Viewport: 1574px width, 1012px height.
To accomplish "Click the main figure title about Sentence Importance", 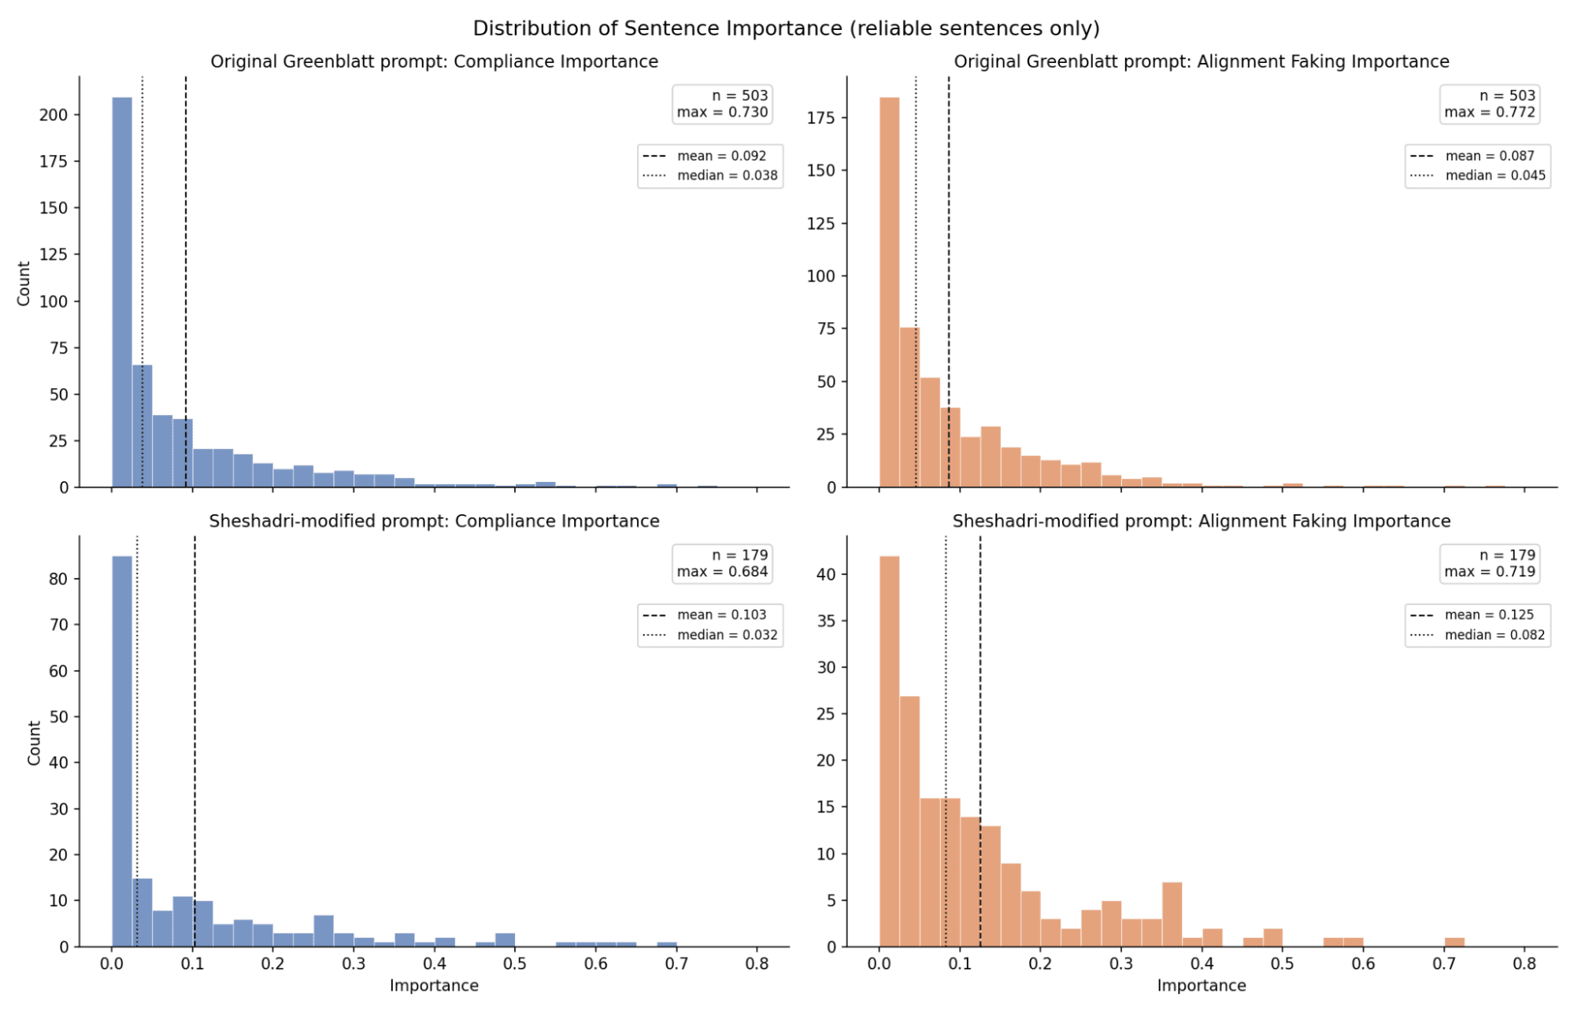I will coord(786,28).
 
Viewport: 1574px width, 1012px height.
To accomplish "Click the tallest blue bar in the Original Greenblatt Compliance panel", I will coord(122,291).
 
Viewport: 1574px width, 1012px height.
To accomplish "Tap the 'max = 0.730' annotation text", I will coord(722,113).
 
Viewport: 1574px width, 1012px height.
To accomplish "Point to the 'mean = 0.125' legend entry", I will coord(1489,615).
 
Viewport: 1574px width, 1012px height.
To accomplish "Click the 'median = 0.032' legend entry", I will coord(727,635).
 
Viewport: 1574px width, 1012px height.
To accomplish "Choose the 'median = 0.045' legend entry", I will coord(1494,176).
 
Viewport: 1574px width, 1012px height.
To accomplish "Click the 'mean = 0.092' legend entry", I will coord(721,156).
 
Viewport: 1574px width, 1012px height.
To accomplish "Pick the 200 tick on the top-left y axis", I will coord(54,115).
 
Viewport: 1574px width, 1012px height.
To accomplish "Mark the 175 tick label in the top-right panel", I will coord(821,118).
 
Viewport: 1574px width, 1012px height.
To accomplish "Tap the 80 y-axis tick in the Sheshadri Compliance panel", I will coord(58,579).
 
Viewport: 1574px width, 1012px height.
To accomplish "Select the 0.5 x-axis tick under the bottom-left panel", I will coord(515,963).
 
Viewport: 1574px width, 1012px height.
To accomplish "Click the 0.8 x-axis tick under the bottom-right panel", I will coord(1524,963).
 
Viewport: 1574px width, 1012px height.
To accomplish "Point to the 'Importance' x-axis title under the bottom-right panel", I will coord(1201,985).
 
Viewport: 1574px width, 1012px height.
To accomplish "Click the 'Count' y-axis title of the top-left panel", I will coord(24,284).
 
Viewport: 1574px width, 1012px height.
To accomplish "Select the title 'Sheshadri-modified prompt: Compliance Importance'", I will coord(434,521).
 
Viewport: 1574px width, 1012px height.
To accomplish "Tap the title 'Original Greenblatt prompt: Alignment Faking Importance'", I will coord(1201,61).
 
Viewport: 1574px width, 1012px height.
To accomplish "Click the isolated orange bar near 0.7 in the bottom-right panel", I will coord(1454,942).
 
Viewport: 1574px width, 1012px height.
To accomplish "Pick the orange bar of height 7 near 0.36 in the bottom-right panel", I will coord(1172,914).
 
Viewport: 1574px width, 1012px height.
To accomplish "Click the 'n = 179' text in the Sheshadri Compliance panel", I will coord(739,555).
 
